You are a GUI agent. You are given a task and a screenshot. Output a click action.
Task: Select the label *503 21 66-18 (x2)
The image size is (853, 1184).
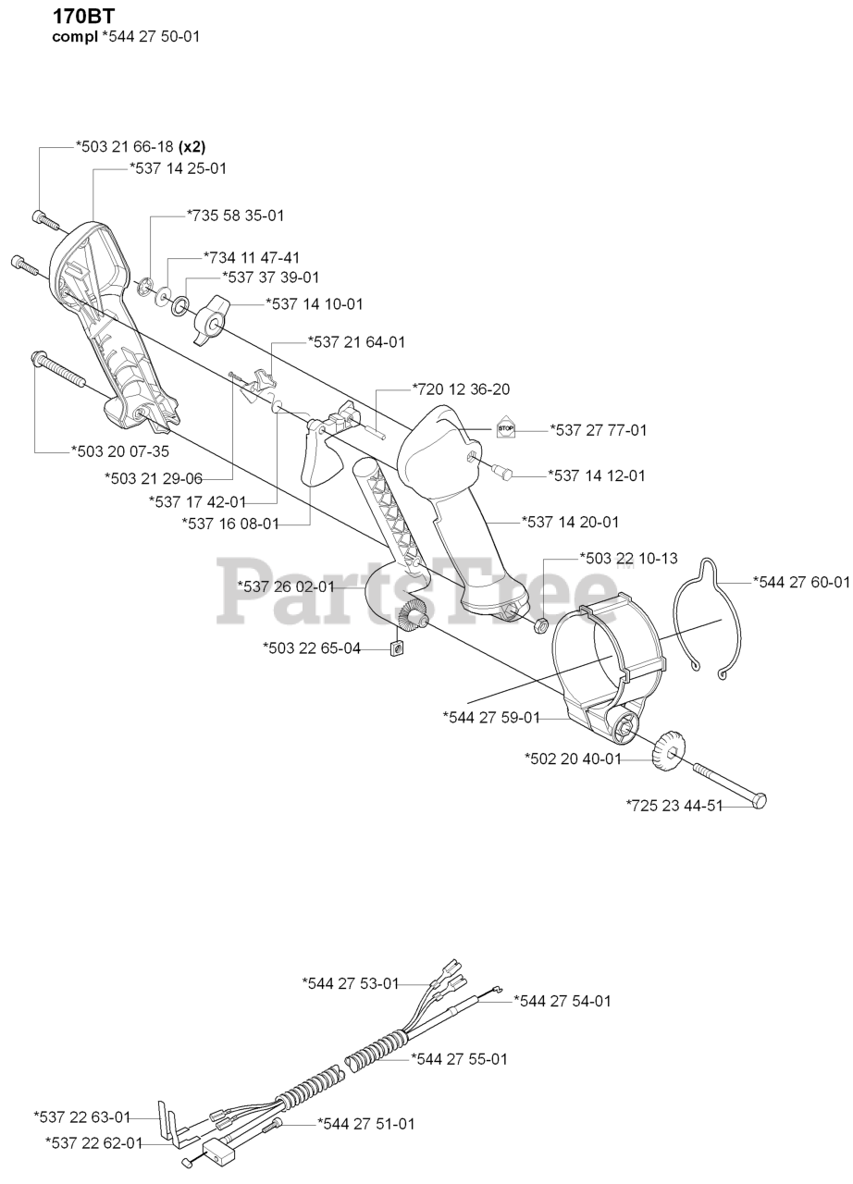(140, 147)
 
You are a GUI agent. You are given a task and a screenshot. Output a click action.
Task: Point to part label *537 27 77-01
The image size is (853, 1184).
(598, 429)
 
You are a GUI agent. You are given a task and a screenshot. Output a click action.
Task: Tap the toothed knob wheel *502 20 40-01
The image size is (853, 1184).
(667, 748)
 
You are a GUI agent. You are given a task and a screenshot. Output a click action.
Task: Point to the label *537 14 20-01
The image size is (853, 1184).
(570, 522)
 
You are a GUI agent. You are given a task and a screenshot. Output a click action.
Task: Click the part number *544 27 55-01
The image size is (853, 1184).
(458, 1058)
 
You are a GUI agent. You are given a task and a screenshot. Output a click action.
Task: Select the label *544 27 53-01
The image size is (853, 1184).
(351, 982)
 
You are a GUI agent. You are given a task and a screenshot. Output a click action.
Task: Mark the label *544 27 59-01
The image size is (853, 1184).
(490, 716)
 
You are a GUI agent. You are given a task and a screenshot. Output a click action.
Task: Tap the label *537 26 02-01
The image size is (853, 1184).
(286, 586)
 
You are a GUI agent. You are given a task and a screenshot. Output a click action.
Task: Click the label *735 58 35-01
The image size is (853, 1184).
(235, 215)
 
